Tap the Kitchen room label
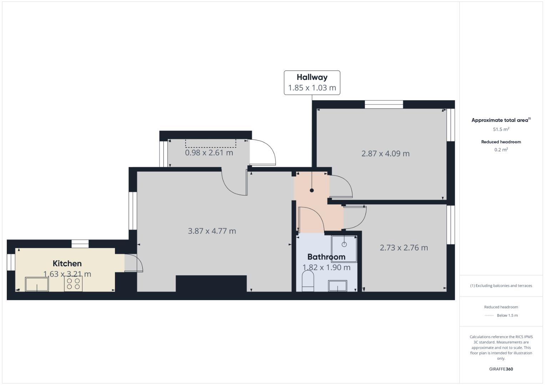(x=67, y=263)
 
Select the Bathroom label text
(x=326, y=257)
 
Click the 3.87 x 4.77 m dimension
(x=212, y=231)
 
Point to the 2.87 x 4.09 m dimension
(x=385, y=154)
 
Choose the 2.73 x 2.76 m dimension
(x=404, y=248)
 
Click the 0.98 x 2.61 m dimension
(x=209, y=153)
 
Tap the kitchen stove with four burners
(x=74, y=284)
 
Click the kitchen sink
(x=37, y=284)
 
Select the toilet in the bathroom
(x=308, y=281)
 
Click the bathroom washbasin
(x=337, y=286)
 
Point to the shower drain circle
(x=344, y=244)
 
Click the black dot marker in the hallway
(x=312, y=190)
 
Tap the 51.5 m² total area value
(x=501, y=129)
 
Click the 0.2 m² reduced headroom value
(x=501, y=150)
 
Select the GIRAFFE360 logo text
(x=501, y=369)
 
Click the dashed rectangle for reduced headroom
(x=211, y=143)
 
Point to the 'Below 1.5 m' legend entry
(x=507, y=315)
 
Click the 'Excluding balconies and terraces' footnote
(x=501, y=286)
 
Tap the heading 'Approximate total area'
(x=500, y=120)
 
